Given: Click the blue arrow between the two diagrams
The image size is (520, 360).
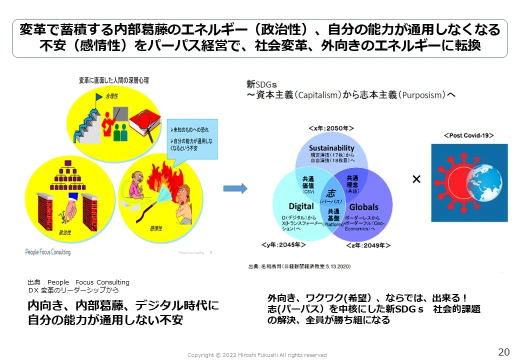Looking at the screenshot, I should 235,188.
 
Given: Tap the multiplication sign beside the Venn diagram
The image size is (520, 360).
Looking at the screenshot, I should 416,179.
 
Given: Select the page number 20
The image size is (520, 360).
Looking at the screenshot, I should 503,351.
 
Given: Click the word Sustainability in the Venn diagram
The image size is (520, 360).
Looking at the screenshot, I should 331,148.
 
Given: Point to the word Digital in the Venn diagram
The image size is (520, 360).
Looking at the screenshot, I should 301,206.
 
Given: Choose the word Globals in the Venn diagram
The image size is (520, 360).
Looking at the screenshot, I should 363,206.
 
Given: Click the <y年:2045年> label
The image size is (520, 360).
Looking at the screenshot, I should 283,245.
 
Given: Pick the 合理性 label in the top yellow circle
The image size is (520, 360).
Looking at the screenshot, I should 112,95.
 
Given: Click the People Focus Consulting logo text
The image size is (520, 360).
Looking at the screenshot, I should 48,252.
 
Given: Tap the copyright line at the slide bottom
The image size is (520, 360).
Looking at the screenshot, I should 257,355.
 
